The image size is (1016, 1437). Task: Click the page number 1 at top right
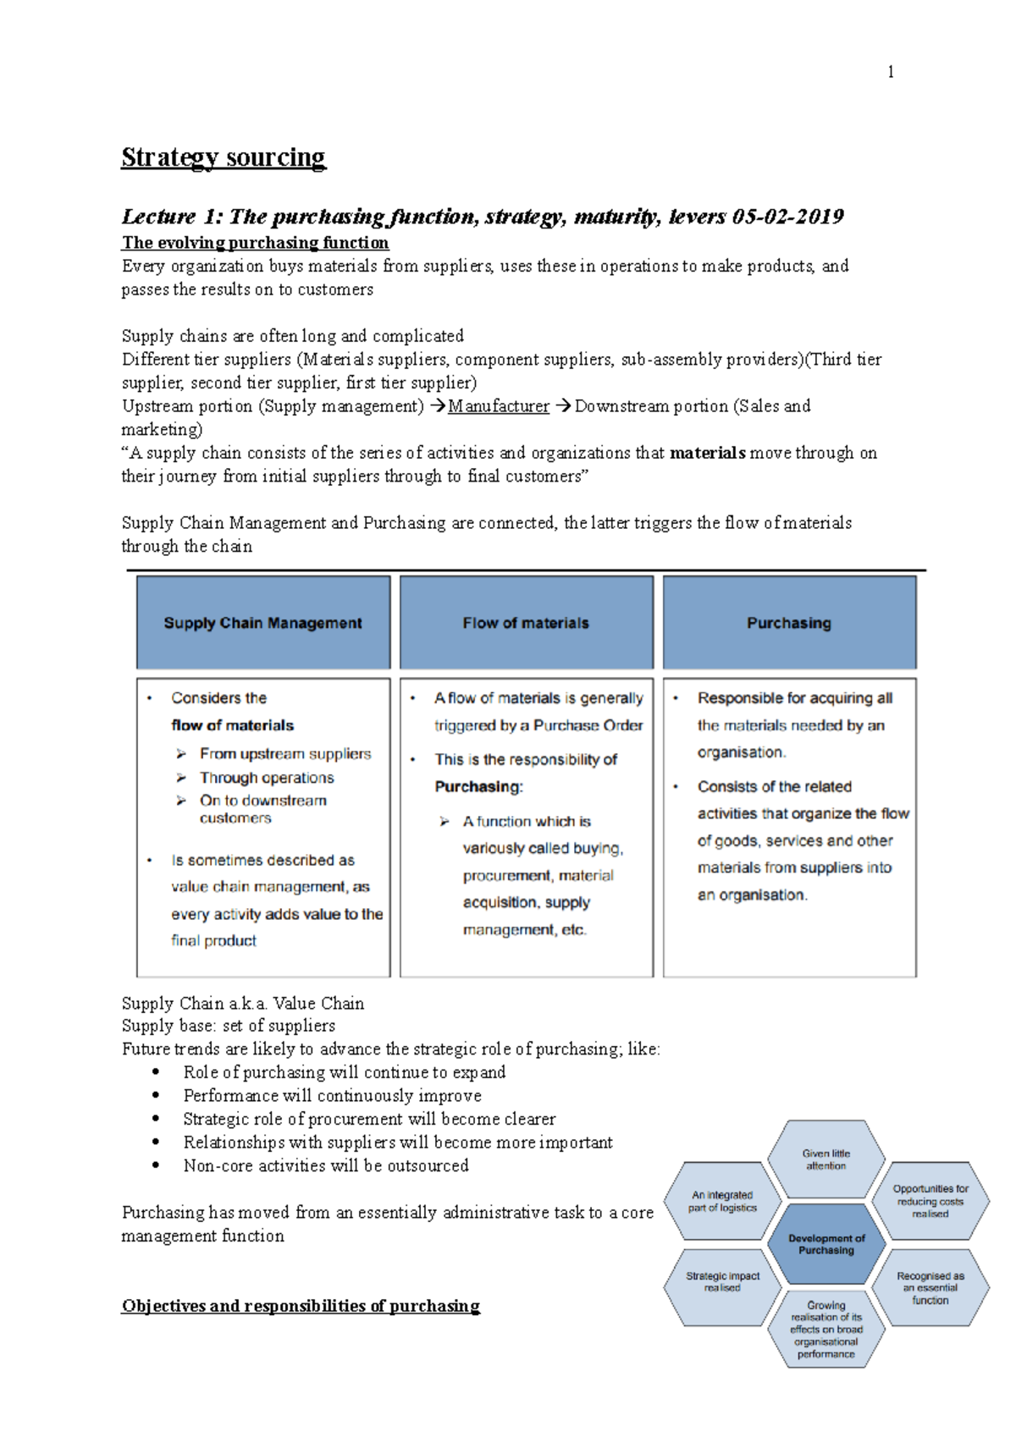point(890,72)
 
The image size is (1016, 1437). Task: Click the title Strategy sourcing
point(224,157)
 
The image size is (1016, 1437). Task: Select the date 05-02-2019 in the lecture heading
point(787,217)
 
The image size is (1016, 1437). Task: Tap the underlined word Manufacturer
point(499,406)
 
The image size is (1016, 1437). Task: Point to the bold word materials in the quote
point(707,453)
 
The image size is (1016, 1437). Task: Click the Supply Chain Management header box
point(263,623)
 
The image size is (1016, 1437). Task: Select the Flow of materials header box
point(526,623)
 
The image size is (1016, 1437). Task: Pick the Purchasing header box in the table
point(789,623)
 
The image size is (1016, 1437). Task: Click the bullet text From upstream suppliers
point(285,753)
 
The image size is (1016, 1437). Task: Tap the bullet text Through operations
point(267,777)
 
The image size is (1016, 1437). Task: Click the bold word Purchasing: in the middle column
point(479,786)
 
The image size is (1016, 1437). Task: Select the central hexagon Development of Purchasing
point(826,1244)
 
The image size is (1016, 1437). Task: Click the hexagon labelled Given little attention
point(826,1159)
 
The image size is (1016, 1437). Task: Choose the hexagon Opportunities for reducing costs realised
point(930,1201)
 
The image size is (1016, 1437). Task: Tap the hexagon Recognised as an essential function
point(930,1287)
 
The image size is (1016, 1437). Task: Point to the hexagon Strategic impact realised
point(723,1281)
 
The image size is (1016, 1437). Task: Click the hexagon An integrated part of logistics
point(722,1201)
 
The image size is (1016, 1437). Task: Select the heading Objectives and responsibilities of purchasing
point(301,1306)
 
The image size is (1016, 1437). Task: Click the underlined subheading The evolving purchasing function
point(256,243)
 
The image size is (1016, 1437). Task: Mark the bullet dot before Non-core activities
point(156,1165)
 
